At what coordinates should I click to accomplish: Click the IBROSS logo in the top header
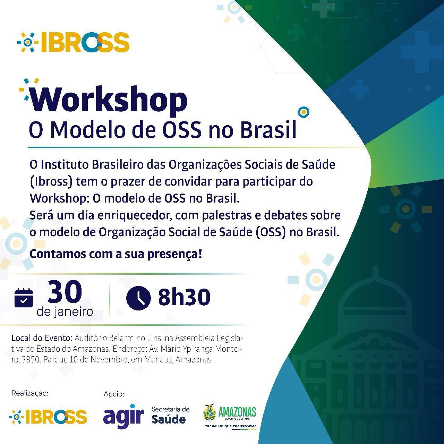point(73,42)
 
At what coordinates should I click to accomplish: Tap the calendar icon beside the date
point(24,298)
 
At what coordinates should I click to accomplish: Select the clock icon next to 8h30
point(138,298)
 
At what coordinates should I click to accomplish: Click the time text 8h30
point(184,297)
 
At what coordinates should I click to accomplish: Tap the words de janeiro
point(65,312)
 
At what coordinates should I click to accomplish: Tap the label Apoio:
point(114,394)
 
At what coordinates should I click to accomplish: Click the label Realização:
point(30,393)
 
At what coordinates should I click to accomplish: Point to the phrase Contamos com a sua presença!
point(116,254)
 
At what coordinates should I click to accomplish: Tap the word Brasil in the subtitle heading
point(268,130)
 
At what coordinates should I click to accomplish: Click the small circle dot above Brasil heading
point(304,112)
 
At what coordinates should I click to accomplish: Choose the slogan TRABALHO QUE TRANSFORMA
point(231,426)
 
